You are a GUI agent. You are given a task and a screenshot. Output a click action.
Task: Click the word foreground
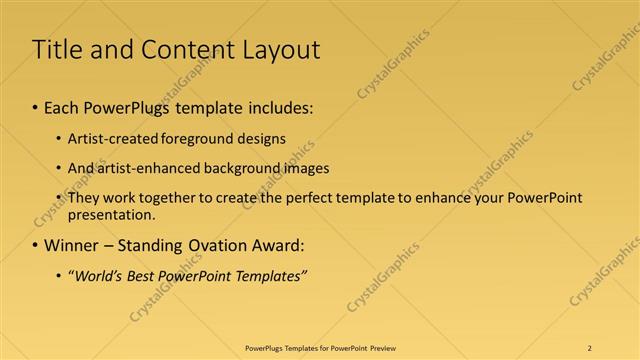[190, 139]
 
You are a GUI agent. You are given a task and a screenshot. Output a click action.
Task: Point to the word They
[83, 198]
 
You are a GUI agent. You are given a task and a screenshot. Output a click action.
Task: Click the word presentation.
[111, 214]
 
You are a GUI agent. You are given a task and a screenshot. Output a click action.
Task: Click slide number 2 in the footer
[590, 348]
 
